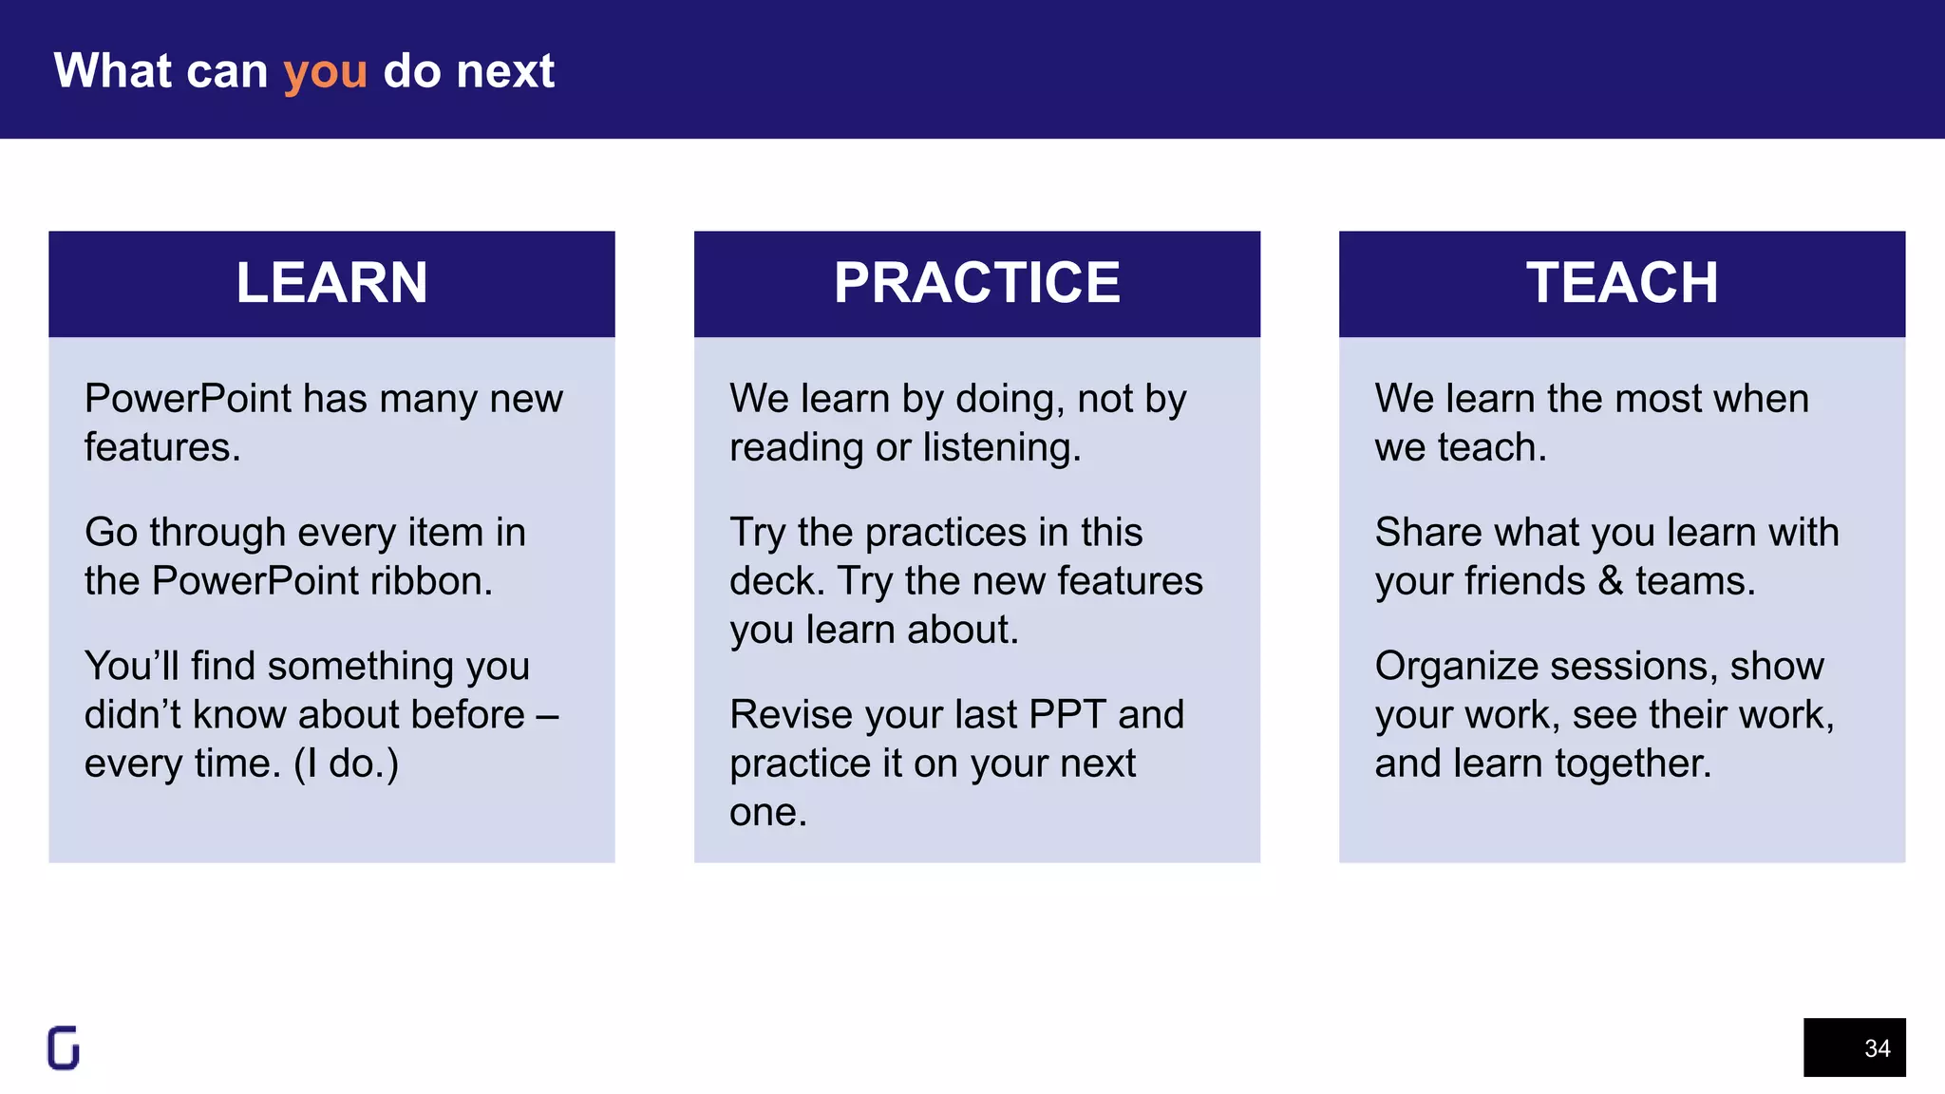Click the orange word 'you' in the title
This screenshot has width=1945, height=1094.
[325, 73]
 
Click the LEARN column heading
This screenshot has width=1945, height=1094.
[331, 283]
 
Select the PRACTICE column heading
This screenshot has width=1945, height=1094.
[976, 283]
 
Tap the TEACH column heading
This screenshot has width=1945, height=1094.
[1621, 283]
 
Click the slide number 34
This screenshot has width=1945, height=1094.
[1876, 1048]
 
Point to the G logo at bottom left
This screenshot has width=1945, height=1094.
[64, 1048]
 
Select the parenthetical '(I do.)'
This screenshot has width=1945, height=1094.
[346, 764]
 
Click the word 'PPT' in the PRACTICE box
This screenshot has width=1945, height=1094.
[1067, 715]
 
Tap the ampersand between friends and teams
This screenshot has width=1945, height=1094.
[1610, 581]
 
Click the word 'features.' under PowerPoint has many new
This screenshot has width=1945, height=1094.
[162, 447]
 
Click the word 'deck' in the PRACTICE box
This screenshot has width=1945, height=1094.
[777, 581]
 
